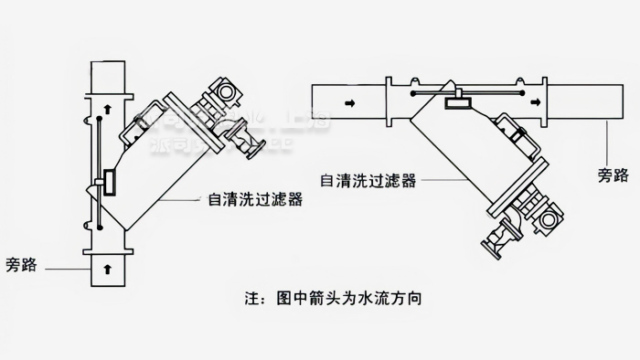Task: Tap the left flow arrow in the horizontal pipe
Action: coord(350,104)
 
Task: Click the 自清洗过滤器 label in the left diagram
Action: coord(238,196)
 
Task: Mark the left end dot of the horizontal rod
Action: coord(411,91)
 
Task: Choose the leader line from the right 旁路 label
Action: coord(604,151)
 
